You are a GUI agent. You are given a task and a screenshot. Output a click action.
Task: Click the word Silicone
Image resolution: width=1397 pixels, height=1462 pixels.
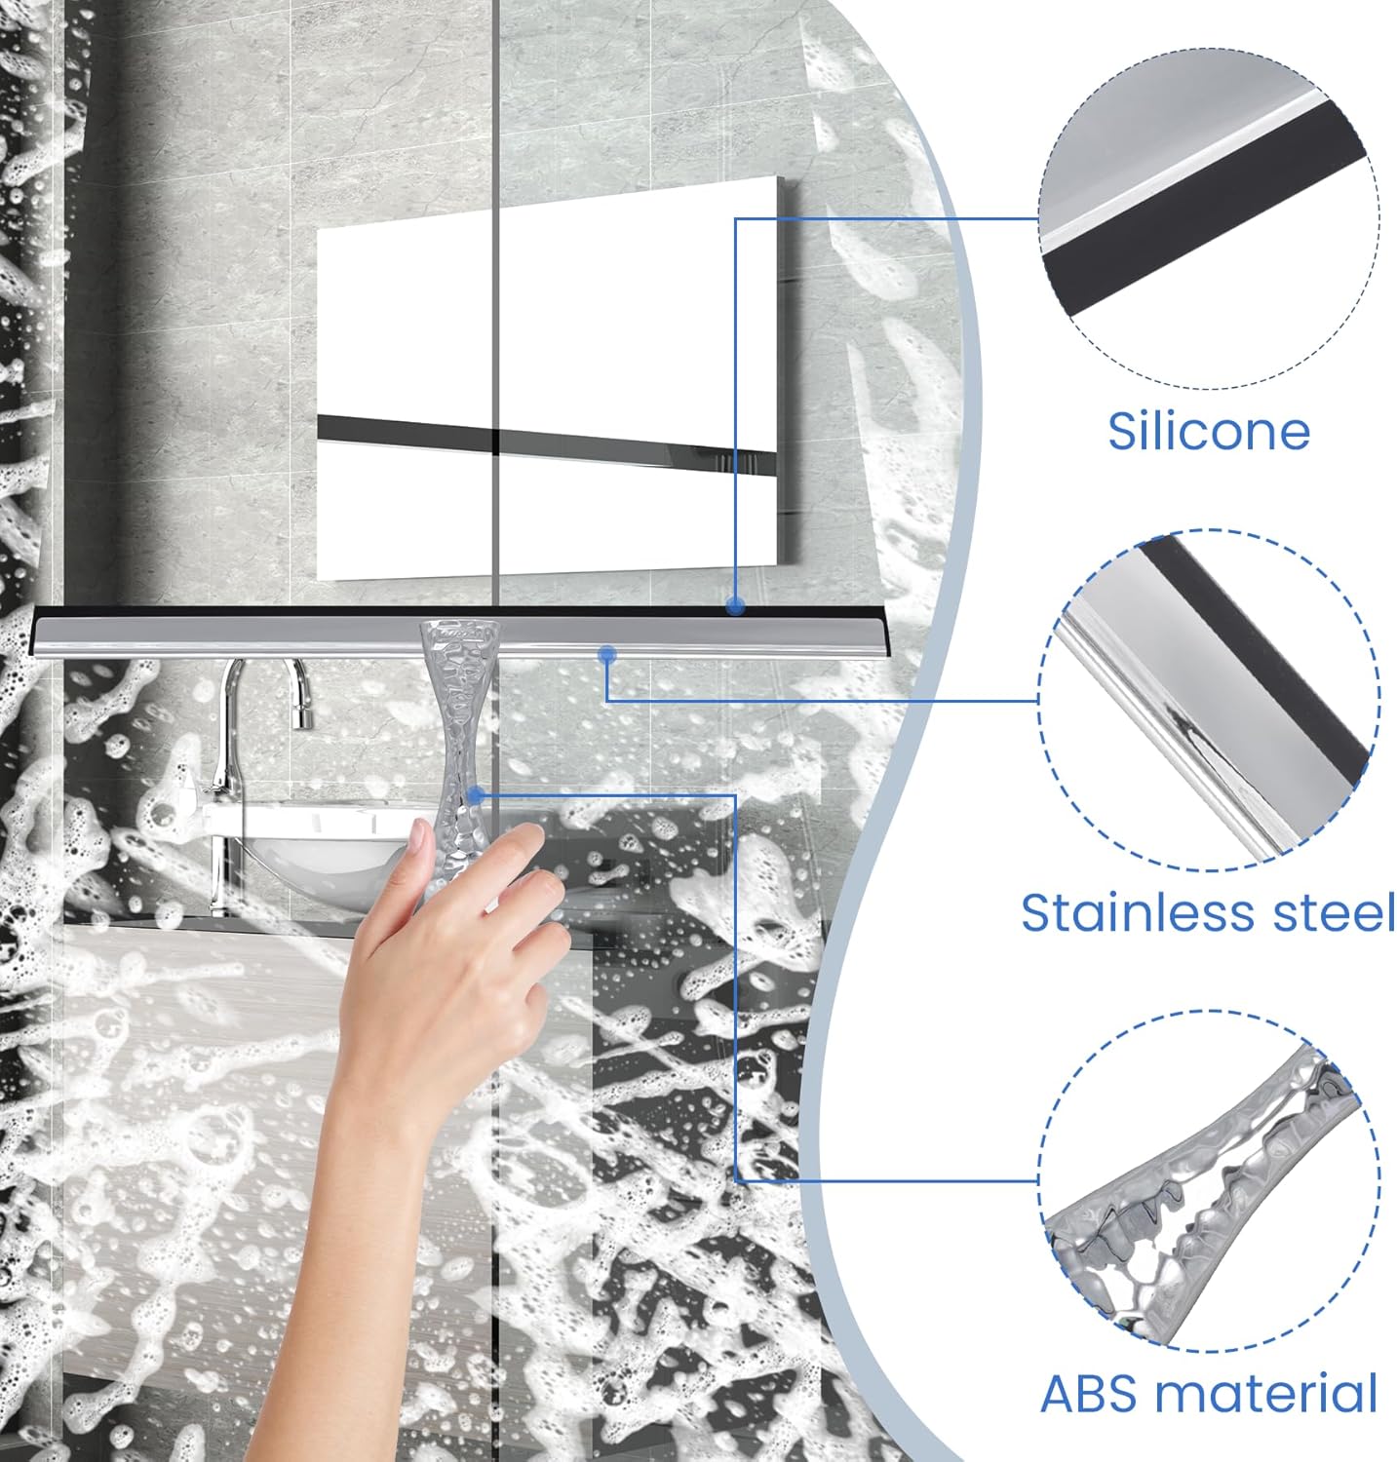click(x=1209, y=431)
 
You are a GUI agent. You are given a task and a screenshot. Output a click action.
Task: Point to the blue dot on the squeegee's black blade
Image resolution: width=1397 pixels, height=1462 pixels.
click(x=735, y=606)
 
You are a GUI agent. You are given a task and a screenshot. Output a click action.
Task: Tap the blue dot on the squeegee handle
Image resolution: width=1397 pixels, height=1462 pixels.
click(x=476, y=795)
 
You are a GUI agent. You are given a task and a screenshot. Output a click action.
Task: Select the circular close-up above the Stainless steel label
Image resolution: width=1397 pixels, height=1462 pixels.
click(x=1209, y=700)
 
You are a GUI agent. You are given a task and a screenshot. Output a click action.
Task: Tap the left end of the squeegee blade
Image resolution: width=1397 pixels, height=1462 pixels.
click(x=44, y=632)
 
